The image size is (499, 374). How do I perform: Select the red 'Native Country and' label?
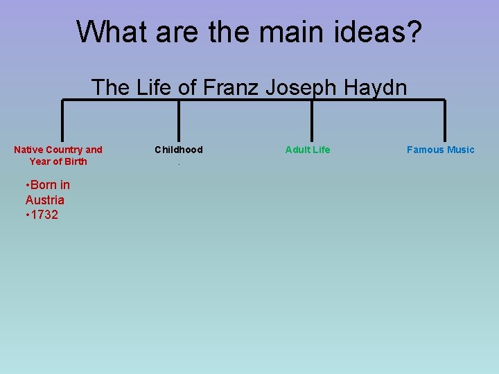point(58,150)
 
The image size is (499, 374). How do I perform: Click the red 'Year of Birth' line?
point(58,161)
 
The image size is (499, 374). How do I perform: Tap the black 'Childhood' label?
point(179,150)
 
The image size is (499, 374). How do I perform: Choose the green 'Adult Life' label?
point(308,150)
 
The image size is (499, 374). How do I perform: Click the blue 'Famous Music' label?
point(441,150)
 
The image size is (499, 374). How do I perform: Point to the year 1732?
point(45,215)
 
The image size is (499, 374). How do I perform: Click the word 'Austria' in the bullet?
point(45,200)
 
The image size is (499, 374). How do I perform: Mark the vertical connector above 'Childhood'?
point(180,121)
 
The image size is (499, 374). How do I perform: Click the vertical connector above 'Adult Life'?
point(312,121)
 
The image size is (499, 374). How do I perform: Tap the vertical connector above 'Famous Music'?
point(444,121)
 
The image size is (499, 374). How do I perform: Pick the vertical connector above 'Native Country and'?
point(62,121)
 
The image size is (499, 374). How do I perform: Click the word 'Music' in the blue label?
point(460,150)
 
